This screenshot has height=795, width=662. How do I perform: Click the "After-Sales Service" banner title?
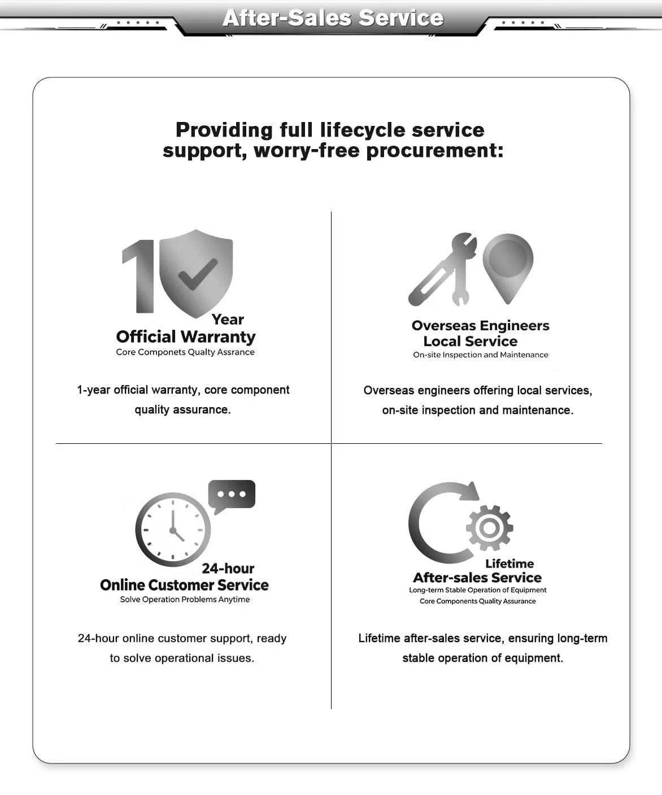333,18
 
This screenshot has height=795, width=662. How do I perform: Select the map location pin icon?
508,263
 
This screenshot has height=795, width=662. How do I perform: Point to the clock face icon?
173,530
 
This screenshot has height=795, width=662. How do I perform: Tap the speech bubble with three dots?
232,495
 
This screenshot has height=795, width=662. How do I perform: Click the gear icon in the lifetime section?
489,528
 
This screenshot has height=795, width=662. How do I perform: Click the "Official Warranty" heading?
186,337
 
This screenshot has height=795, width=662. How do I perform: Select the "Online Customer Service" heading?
184,585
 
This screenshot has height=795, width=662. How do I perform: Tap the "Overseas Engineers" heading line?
480,326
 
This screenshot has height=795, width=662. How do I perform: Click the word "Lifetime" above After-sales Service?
509,564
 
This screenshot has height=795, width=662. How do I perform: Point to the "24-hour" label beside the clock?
228,569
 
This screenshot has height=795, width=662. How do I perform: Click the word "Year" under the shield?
228,320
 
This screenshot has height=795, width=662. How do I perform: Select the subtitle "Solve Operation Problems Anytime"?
185,600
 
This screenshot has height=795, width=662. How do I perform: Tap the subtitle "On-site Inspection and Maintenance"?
480,355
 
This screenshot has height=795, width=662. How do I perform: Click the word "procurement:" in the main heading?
434,151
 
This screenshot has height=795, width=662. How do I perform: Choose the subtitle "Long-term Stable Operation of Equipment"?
477,590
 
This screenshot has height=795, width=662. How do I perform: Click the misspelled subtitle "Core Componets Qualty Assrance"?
185,352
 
